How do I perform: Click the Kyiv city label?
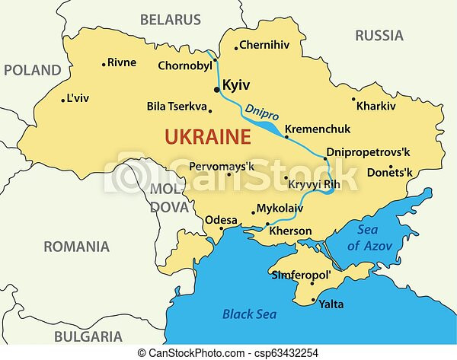[x=237, y=86]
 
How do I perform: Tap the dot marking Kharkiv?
[x=354, y=98]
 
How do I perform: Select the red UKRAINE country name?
[x=208, y=138]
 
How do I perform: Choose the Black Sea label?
[x=249, y=314]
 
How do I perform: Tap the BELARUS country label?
[x=171, y=20]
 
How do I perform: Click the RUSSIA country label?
[x=379, y=35]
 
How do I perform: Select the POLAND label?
[x=32, y=70]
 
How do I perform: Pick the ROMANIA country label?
[x=76, y=247]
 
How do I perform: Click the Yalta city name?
[x=331, y=304]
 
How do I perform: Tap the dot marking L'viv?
[x=62, y=99]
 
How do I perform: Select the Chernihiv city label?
[x=264, y=46]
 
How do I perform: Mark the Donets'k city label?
[x=388, y=174]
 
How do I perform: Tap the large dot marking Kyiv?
[x=217, y=89]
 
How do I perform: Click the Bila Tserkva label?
[x=177, y=107]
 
